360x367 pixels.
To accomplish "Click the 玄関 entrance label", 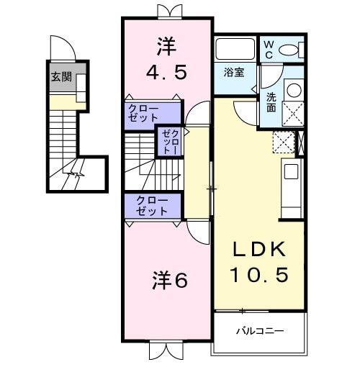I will pyautogui.click(x=61, y=77).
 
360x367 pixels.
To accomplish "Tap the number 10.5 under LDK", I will pyautogui.click(x=259, y=274).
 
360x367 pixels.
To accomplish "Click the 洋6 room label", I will pyautogui.click(x=169, y=281).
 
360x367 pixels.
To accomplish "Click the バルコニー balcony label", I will pyautogui.click(x=260, y=332).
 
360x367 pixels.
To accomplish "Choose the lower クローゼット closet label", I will pyautogui.click(x=152, y=206).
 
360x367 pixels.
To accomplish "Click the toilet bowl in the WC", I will pyautogui.click(x=289, y=50).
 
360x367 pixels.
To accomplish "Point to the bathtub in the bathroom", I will pyautogui.click(x=235, y=51).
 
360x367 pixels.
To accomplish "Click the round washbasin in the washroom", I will pyautogui.click(x=294, y=90).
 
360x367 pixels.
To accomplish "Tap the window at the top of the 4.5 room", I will pyautogui.click(x=167, y=10).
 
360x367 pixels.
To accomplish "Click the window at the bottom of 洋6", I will pyautogui.click(x=166, y=352).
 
